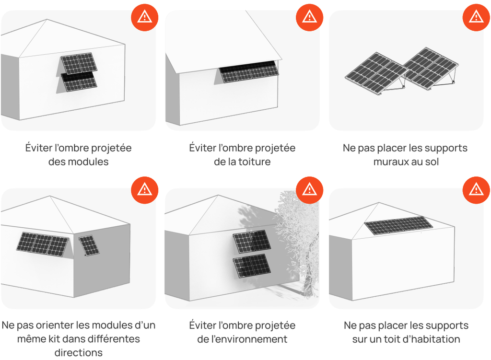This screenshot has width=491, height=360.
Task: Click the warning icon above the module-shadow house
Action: [144, 17]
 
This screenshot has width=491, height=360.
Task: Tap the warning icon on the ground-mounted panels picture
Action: [476, 17]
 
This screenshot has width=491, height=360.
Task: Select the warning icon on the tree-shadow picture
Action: [309, 190]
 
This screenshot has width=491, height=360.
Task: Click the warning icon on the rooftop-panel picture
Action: [476, 190]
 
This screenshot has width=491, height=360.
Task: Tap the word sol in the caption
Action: [432, 162]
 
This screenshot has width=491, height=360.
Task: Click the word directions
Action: [78, 352]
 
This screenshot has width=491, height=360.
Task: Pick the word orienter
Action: [53, 325]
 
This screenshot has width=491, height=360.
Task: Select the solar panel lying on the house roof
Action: [398, 225]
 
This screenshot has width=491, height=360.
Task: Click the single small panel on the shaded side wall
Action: [89, 246]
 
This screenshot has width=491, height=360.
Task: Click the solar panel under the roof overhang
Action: [249, 72]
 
